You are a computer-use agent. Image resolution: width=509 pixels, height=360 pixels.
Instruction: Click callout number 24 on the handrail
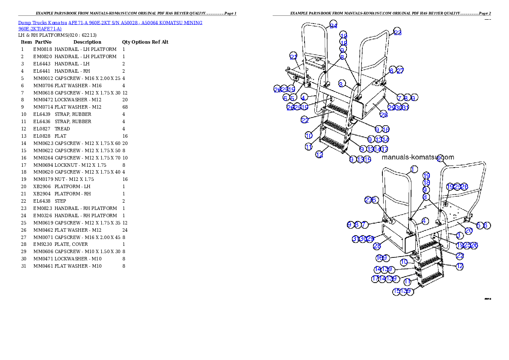(334, 26)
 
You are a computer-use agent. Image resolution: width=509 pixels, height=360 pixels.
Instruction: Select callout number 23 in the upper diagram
(398, 32)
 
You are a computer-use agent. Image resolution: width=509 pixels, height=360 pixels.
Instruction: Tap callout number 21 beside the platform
(293, 56)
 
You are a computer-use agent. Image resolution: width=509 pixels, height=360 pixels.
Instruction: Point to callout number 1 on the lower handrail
(414, 169)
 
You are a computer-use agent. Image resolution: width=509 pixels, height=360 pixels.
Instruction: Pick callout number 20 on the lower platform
(469, 230)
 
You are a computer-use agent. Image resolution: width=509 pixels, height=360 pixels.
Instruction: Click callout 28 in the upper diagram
(384, 114)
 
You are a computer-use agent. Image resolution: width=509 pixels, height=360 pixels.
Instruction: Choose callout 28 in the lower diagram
(377, 246)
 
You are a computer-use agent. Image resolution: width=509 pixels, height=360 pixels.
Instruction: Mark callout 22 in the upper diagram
(305, 120)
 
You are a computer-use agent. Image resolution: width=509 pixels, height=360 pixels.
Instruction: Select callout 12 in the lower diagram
(460, 266)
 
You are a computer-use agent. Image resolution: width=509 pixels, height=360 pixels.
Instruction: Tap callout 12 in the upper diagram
(319, 155)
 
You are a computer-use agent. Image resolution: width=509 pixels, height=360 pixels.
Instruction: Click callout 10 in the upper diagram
(309, 136)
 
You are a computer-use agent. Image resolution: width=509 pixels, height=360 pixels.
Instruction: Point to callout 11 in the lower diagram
(407, 282)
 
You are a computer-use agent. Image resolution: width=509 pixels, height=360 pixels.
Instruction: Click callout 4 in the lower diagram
(425, 221)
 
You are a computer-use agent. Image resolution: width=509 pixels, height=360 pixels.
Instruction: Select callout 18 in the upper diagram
(343, 42)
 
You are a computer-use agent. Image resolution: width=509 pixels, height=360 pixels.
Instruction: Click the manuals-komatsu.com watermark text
(417, 157)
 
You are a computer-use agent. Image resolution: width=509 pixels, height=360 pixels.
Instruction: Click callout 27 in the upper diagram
(400, 71)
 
